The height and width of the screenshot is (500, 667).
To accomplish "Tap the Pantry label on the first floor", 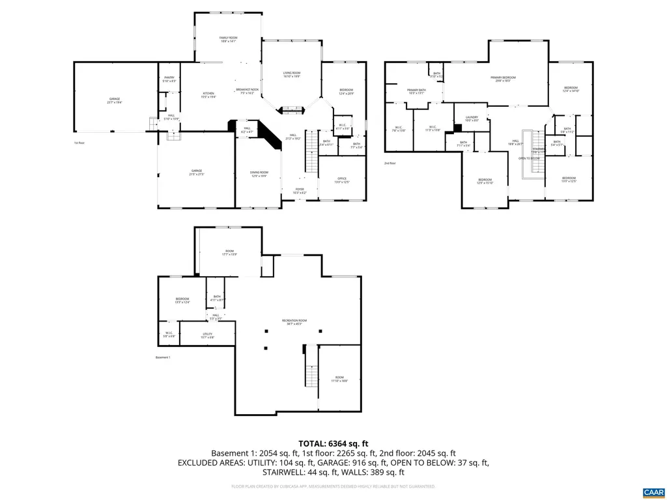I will click(x=169, y=79).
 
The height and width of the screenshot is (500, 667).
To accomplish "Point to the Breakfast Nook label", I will click(x=247, y=91).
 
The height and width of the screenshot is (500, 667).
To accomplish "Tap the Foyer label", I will click(x=299, y=190).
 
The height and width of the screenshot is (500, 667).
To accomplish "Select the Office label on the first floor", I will click(x=342, y=180).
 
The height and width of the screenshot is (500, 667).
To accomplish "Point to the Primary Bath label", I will click(x=416, y=91).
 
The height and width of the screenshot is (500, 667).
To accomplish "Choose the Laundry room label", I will click(x=472, y=118).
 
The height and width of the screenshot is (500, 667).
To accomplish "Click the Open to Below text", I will click(x=529, y=158).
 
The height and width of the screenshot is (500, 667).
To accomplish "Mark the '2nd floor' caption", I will click(x=390, y=163).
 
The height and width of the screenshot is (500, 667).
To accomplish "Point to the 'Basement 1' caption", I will click(x=163, y=357).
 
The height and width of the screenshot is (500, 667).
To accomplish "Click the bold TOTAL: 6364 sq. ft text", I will click(x=333, y=443).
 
